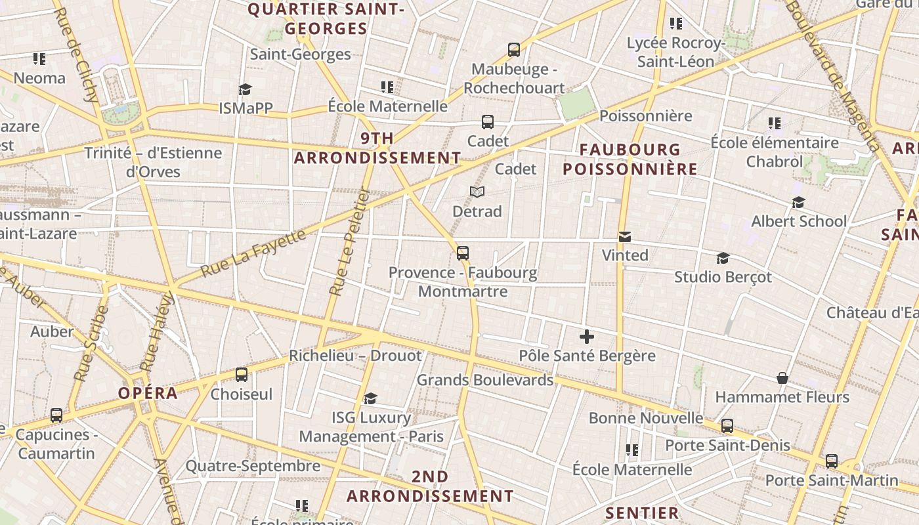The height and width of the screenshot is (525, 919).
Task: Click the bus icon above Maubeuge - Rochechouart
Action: point(514,49)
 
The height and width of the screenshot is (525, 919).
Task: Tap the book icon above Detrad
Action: point(477,192)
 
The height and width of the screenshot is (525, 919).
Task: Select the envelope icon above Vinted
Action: point(624,236)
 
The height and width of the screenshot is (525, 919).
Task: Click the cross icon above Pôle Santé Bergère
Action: point(587,337)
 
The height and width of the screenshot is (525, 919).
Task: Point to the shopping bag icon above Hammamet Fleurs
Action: point(782,378)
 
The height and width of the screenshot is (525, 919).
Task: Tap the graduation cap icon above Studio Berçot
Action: point(723,258)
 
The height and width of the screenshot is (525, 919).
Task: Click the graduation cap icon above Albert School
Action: point(798,202)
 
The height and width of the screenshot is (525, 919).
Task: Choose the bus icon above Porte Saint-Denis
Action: point(727,425)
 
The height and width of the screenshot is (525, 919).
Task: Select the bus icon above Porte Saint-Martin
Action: point(832,461)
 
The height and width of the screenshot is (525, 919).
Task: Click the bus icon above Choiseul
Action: point(242,375)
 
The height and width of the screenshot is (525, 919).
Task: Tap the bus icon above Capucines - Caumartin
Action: point(56,415)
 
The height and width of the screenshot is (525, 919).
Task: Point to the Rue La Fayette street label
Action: point(253,253)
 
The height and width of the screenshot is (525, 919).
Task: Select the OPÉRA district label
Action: point(148,393)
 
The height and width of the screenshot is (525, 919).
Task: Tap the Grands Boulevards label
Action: point(485,380)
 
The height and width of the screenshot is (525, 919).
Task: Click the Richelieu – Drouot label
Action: point(355,356)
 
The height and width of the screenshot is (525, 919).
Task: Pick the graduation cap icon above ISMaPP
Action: point(245,89)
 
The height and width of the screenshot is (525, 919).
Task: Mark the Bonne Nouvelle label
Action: point(645,418)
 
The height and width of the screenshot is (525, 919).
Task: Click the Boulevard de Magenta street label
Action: point(832,72)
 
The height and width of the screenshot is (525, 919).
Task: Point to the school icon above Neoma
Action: point(39,59)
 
